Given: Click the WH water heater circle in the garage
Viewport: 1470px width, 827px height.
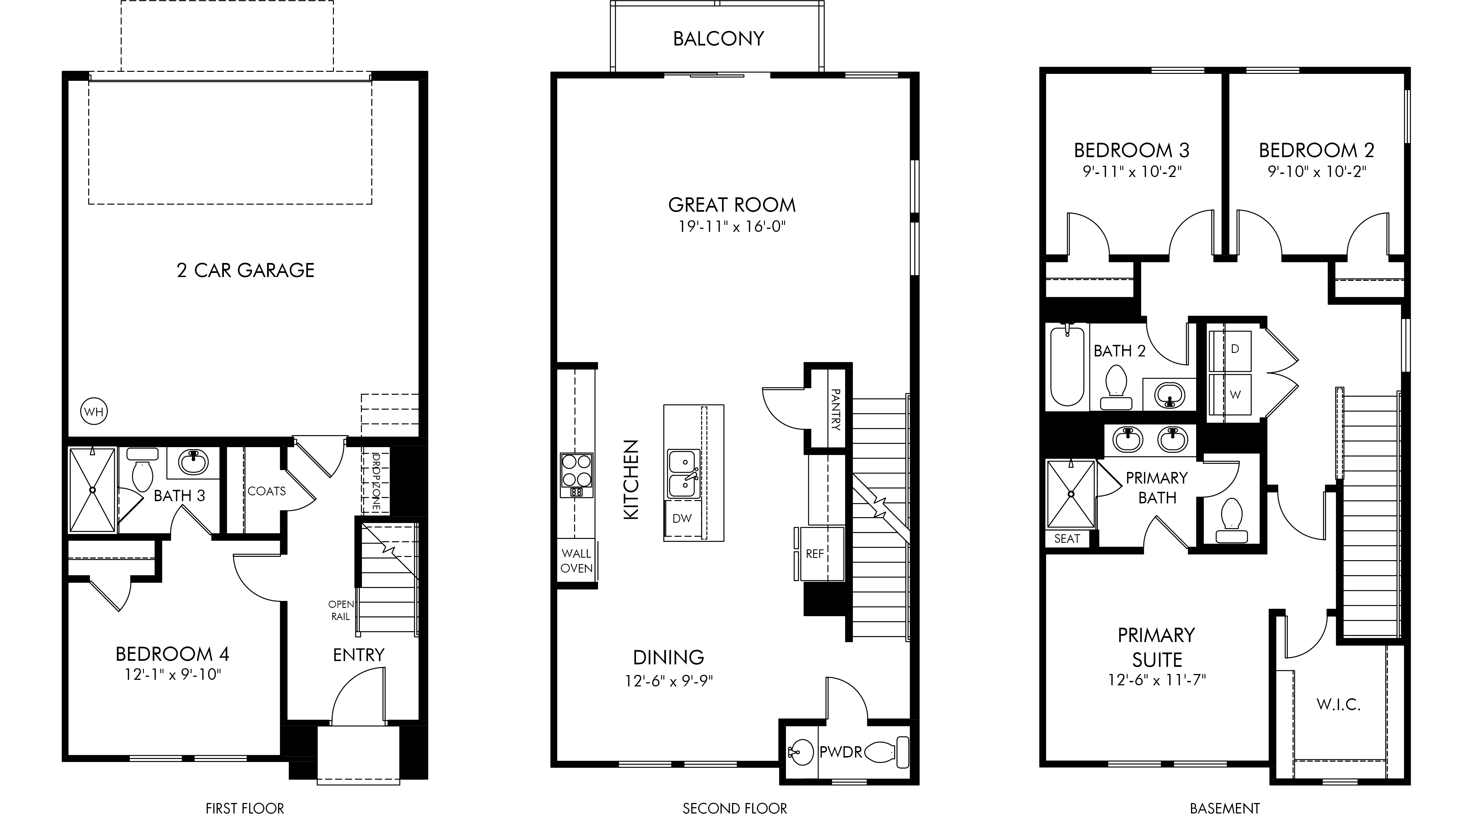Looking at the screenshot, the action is point(94,412).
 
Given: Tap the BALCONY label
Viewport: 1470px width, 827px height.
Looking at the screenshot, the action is point(718,39).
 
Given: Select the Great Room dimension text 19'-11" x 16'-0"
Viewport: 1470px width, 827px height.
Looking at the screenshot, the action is point(732,227).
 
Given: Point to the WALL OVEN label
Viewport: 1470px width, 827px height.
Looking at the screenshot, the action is point(576,560).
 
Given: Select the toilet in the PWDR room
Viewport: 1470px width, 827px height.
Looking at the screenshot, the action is point(887,752).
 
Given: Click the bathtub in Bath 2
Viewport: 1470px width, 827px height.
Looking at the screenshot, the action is point(1067,365).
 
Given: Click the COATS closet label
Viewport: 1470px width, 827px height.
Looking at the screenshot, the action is point(267,491).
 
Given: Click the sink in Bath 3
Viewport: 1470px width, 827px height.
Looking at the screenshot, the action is point(193,462).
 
